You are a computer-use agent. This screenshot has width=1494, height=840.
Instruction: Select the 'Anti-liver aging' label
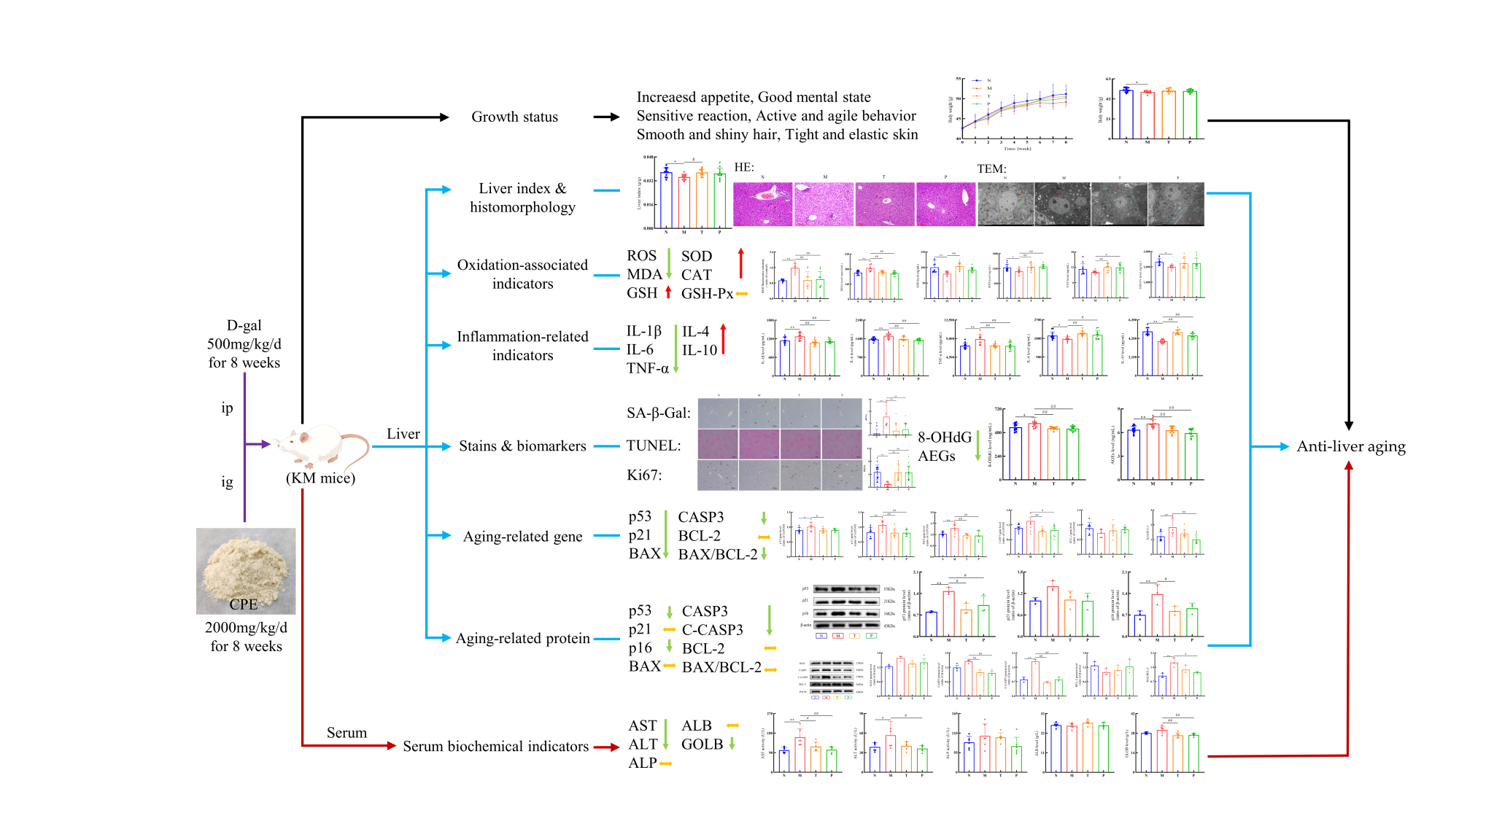click(x=1350, y=446)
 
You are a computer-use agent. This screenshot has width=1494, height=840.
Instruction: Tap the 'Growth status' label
click(x=514, y=117)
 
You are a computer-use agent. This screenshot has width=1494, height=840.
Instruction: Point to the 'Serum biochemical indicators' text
click(x=495, y=746)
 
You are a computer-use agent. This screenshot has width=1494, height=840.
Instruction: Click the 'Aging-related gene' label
click(x=522, y=537)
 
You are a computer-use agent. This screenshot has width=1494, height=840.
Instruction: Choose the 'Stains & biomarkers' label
click(x=522, y=446)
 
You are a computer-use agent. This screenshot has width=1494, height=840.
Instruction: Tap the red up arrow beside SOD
click(x=740, y=263)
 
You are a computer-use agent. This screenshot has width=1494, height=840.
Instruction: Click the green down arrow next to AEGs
click(x=978, y=447)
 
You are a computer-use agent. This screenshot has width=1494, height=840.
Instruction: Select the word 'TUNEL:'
click(x=654, y=446)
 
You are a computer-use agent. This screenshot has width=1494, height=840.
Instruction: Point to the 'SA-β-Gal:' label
click(x=659, y=413)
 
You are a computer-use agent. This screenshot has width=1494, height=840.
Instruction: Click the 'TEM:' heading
click(x=991, y=168)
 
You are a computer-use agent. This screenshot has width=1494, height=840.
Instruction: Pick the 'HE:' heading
click(x=744, y=167)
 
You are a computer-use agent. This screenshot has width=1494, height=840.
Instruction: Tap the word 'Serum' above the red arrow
click(x=347, y=733)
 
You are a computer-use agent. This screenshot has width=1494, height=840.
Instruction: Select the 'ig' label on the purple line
click(x=227, y=481)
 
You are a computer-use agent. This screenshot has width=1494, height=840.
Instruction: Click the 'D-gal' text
click(x=244, y=325)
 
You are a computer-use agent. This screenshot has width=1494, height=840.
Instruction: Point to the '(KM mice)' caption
click(x=320, y=478)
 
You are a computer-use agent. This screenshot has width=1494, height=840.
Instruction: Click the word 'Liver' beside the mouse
click(x=403, y=434)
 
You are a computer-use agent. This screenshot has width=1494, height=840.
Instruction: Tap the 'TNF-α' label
click(x=647, y=368)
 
